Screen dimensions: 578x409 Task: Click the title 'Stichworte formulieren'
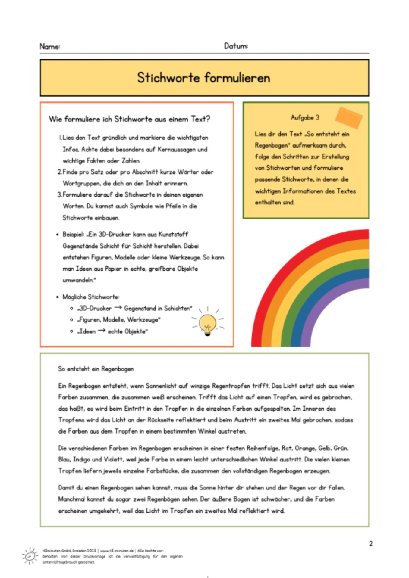point(203,78)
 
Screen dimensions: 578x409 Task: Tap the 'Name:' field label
point(50,46)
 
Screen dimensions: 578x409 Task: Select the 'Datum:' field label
point(236,46)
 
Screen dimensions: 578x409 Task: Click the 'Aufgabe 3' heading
point(305,117)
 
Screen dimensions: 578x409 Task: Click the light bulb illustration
point(208,324)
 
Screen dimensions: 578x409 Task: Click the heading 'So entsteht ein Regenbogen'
point(96,369)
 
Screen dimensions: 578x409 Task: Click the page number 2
point(371,543)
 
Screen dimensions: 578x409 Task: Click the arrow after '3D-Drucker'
point(118,308)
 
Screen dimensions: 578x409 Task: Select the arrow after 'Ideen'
point(102,331)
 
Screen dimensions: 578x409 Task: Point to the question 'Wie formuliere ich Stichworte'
point(129,119)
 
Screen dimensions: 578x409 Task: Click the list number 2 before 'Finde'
point(59,172)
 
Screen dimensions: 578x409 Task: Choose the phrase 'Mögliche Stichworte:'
point(91,297)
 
